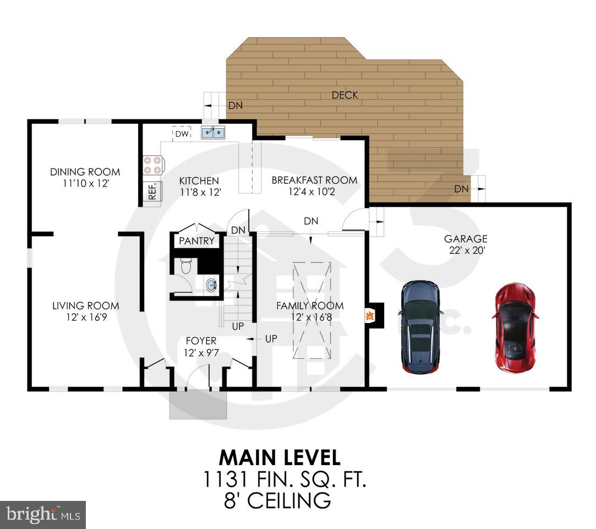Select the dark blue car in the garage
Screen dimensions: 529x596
pyautogui.click(x=420, y=327)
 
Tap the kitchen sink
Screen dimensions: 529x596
pyautogui.click(x=212, y=132)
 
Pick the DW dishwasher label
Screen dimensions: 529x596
pyautogui.click(x=182, y=134)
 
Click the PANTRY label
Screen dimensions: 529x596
pyautogui.click(x=196, y=241)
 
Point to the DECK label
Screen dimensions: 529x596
pyautogui.click(x=345, y=95)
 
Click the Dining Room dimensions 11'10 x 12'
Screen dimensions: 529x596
pyautogui.click(x=85, y=183)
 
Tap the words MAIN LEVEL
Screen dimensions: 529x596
pyautogui.click(x=280, y=457)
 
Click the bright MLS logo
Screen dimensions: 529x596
pyautogui.click(x=42, y=515)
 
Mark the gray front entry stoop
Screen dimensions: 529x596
pyautogui.click(x=198, y=405)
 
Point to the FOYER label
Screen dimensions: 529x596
pyautogui.click(x=201, y=341)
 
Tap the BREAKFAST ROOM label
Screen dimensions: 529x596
pyautogui.click(x=314, y=180)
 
